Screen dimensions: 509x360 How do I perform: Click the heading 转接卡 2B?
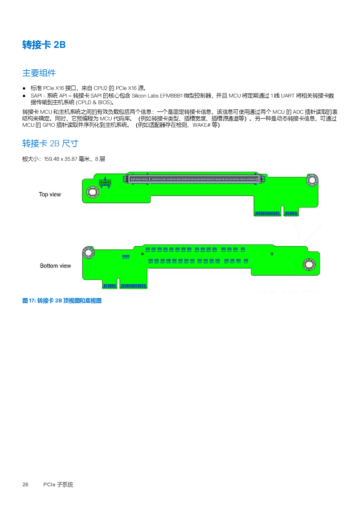(x=44, y=45)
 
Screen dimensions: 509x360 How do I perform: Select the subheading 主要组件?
(x=39, y=73)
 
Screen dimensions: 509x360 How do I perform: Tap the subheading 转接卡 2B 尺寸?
(x=50, y=143)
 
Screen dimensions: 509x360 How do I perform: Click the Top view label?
(x=50, y=194)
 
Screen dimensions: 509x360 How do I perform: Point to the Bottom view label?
(x=55, y=266)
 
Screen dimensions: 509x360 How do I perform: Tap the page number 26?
(x=25, y=484)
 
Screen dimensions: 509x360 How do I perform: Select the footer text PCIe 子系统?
(x=58, y=484)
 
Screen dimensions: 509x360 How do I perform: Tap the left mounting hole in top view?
(x=93, y=192)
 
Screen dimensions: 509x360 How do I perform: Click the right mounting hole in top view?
(x=312, y=180)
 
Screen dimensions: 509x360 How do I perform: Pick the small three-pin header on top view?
(x=105, y=183)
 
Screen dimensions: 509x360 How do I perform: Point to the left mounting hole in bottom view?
(x=88, y=253)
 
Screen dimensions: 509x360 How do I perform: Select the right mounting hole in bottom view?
(x=309, y=264)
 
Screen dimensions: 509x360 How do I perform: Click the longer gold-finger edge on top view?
(x=268, y=214)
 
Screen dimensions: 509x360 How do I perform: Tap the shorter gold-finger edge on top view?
(x=291, y=214)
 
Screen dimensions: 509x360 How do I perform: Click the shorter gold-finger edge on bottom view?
(x=110, y=286)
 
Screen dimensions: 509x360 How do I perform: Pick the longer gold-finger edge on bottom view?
(x=133, y=286)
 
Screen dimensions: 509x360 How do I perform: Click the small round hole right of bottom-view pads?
(x=272, y=254)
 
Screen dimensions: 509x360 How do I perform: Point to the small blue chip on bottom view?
(x=126, y=257)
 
